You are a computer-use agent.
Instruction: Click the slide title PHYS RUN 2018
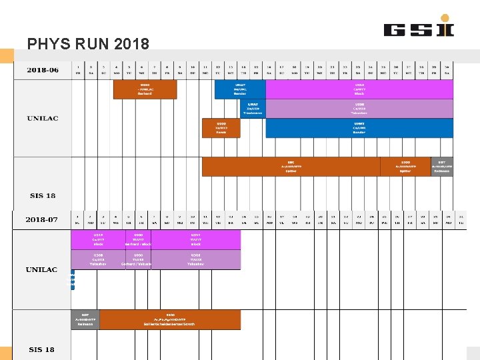click(88, 45)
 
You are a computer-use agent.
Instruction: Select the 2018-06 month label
click(42, 69)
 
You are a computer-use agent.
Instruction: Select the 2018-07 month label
click(42, 219)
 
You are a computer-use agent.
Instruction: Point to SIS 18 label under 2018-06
click(42, 195)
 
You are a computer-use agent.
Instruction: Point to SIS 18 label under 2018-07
click(42, 349)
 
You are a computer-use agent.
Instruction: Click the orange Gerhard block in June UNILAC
click(145, 89)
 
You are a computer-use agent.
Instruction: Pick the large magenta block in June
click(359, 89)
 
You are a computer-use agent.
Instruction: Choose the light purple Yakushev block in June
click(359, 109)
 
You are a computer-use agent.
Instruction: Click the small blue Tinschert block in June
click(253, 109)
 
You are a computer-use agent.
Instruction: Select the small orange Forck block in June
click(221, 128)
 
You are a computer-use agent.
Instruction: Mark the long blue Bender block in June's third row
click(359, 128)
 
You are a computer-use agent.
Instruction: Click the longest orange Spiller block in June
click(291, 167)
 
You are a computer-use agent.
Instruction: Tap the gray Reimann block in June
click(441, 167)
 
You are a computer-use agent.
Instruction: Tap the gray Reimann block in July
click(85, 319)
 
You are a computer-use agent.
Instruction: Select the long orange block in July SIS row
click(170, 319)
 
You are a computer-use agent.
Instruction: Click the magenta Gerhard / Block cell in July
click(138, 240)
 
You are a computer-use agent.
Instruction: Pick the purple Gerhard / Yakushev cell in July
click(138, 260)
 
